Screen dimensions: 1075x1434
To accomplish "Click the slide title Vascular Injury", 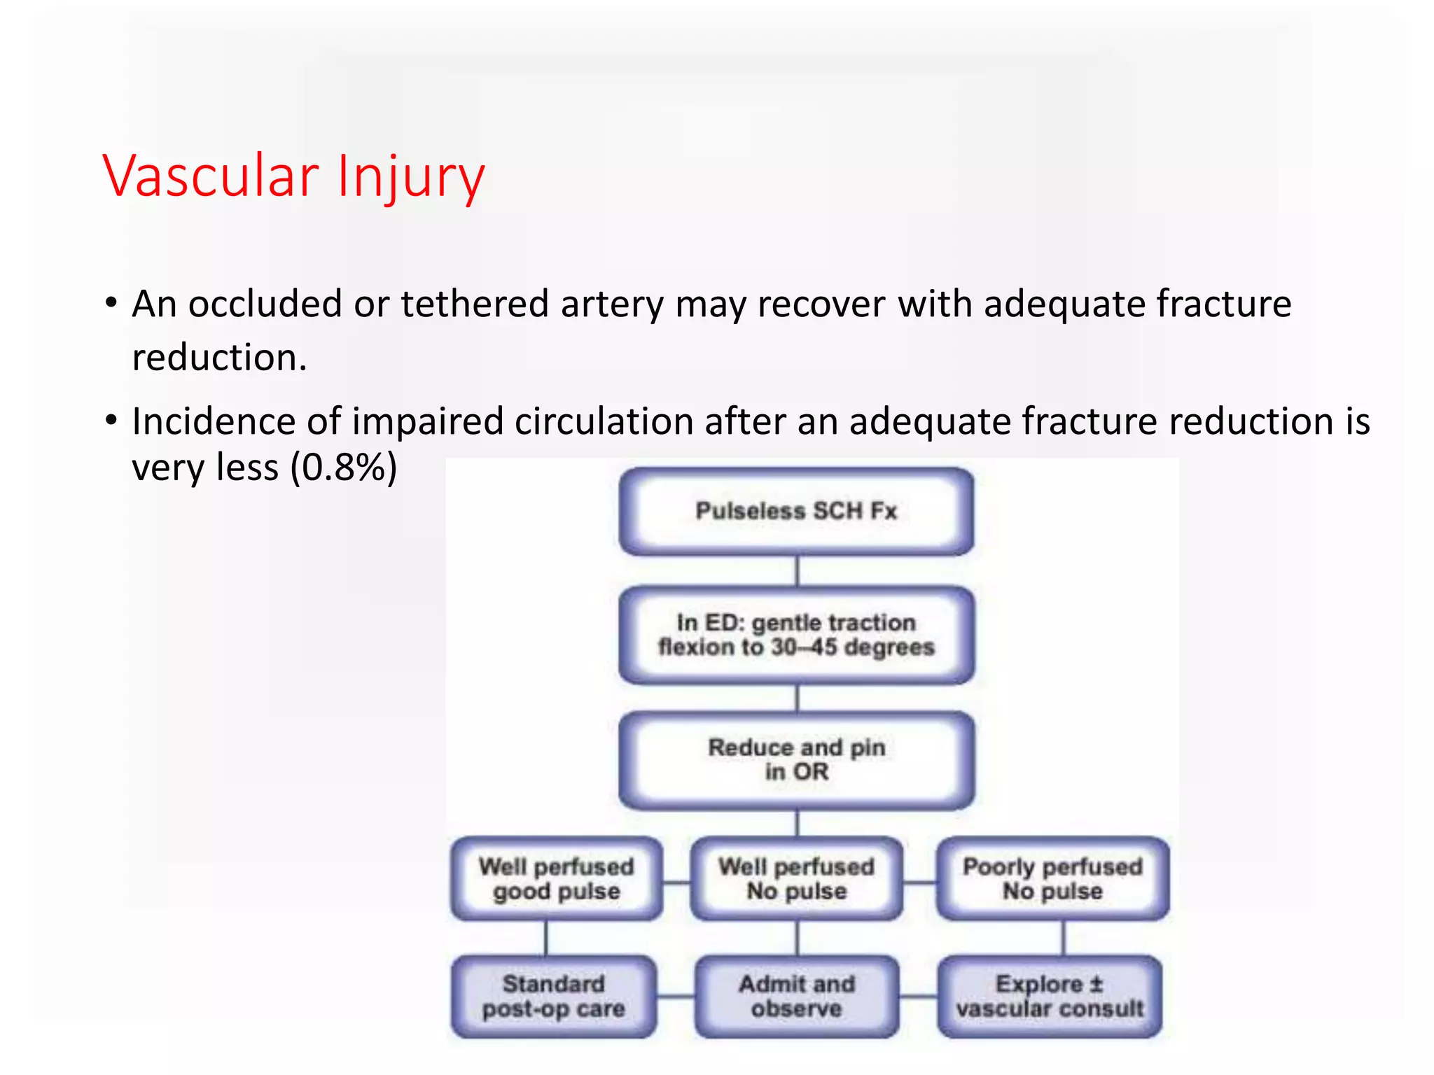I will [294, 176].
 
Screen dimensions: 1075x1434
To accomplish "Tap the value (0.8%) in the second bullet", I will [344, 467].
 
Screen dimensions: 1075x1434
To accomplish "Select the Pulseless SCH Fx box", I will [796, 512].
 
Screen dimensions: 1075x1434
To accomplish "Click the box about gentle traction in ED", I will [796, 635].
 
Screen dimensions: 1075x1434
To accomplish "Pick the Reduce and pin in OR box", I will [796, 759].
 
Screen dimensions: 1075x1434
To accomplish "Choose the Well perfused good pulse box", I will [557, 878].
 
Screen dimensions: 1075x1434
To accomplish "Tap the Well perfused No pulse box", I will [796, 878].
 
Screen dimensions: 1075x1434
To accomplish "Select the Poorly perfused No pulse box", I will [1052, 878].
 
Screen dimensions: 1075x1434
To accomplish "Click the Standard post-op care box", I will [553, 996].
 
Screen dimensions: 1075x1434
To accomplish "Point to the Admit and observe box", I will [796, 996].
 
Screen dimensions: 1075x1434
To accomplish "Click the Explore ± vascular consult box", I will [1049, 996].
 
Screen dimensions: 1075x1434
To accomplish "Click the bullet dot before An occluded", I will [111, 304].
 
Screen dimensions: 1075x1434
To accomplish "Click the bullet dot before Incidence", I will [111, 421].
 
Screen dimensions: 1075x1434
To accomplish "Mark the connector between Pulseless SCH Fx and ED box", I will [797, 571].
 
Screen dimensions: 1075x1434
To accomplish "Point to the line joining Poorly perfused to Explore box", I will [1064, 938].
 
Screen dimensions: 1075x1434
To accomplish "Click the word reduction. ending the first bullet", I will [219, 358].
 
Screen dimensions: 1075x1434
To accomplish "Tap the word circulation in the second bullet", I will [604, 421].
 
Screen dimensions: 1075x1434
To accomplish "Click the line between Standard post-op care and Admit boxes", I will [676, 996].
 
